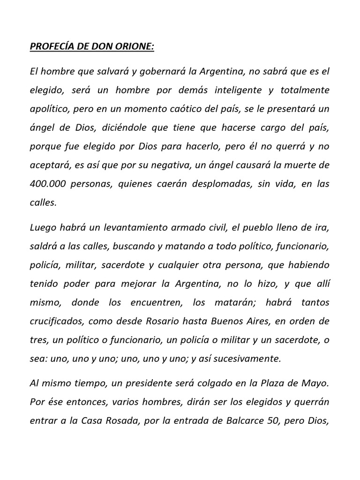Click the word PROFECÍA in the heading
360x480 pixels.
pyautogui.click(x=46, y=47)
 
